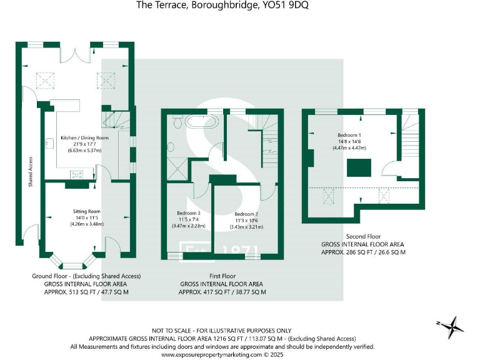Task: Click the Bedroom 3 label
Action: [189, 213]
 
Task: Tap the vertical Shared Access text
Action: [30, 172]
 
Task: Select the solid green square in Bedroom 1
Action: [359, 167]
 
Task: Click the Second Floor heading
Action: [362, 237]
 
